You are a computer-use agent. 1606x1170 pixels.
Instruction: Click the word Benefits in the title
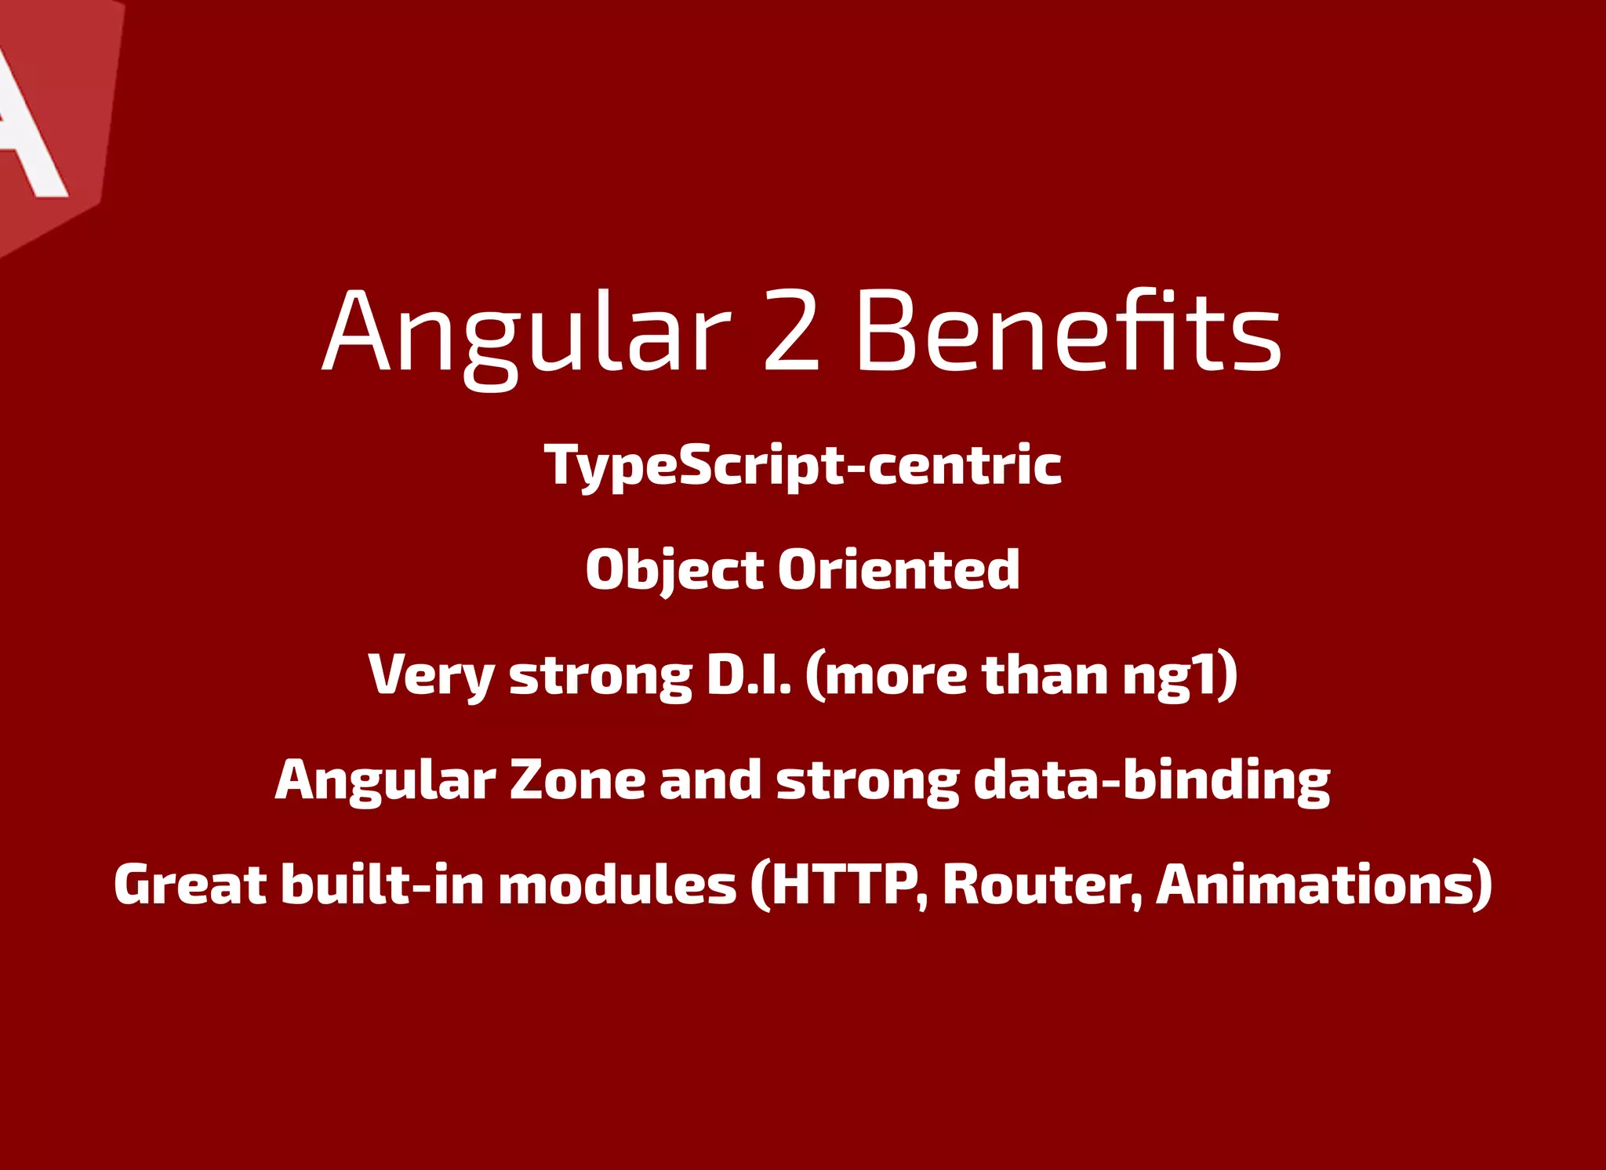1068,331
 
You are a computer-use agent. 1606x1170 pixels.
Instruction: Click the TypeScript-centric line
803,465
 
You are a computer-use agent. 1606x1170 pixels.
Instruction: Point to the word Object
674,570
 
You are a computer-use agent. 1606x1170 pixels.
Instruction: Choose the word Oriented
899,570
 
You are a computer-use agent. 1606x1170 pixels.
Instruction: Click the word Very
431,675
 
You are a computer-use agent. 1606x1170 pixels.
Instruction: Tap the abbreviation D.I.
749,674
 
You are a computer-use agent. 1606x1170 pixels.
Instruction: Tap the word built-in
383,885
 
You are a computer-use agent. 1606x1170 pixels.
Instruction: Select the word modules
617,885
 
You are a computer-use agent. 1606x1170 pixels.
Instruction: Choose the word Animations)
1324,885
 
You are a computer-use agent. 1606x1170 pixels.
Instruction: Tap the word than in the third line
1044,675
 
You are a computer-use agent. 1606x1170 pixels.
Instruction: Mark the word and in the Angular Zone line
710,780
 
